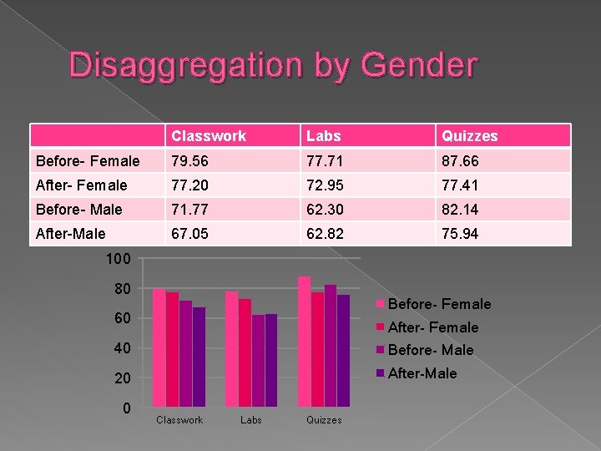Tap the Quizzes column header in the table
pos(470,136)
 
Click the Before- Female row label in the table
pos(88,160)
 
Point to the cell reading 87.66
pos(461,160)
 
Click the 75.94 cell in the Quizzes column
pos(461,234)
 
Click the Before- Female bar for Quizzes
pos(304,342)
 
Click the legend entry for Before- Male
pos(431,350)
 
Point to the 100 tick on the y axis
pos(118,260)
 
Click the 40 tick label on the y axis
pos(122,348)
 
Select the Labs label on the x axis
pos(251,420)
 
